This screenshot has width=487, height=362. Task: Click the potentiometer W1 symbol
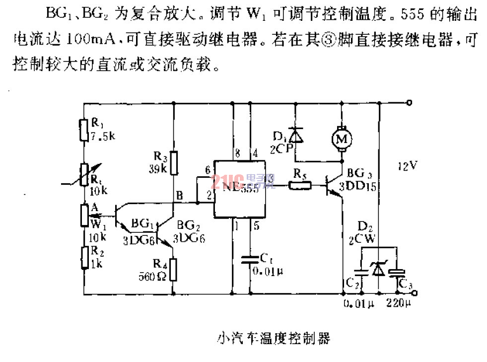[x=84, y=215]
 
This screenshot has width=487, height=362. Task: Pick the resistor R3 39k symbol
[x=173, y=163]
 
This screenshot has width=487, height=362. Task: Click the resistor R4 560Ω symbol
[x=173, y=269]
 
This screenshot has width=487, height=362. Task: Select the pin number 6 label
[x=208, y=169]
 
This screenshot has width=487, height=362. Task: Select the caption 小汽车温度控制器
[x=273, y=339]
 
